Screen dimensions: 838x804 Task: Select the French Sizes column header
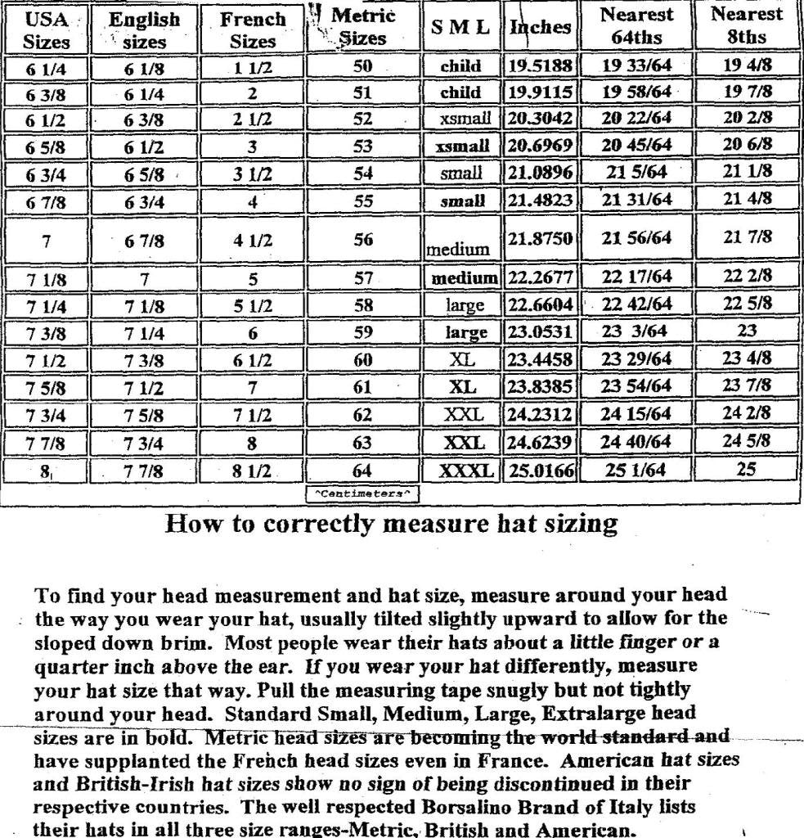[253, 29]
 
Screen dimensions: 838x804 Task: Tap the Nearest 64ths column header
[636, 25]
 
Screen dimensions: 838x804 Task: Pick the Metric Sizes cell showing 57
[363, 279]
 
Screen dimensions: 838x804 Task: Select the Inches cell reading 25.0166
[541, 471]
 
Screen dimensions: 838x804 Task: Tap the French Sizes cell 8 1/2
[253, 471]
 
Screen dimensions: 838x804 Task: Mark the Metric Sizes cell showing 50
[363, 65]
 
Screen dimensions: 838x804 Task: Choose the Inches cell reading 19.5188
[541, 65]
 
